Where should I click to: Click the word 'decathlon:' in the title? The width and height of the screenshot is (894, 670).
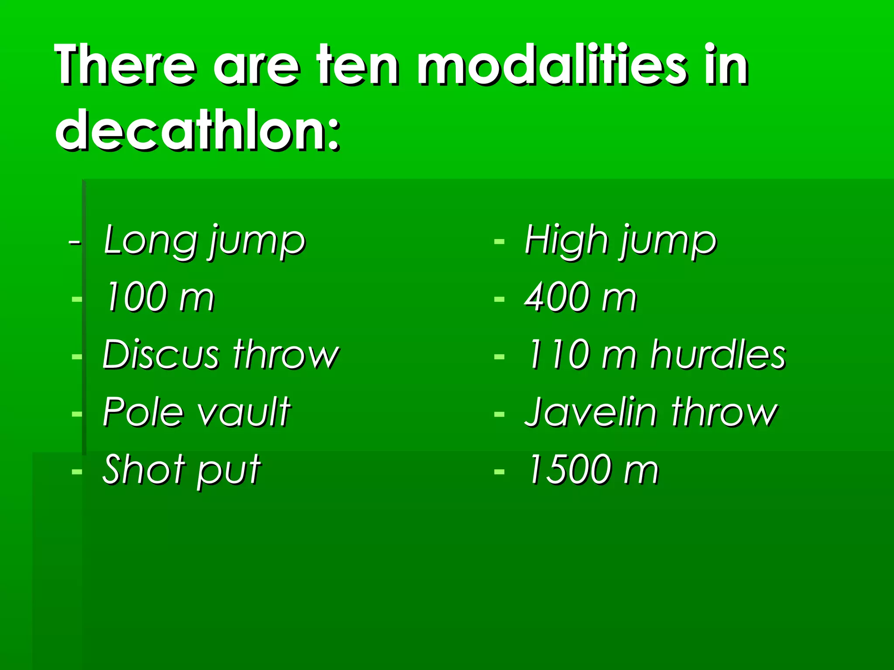coord(197,130)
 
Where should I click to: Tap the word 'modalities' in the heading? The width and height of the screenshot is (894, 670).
coord(551,65)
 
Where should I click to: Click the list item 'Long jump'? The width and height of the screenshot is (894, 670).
coord(204,241)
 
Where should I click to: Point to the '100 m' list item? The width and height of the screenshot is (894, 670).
coord(160,297)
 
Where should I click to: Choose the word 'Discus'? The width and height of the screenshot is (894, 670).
coord(161,355)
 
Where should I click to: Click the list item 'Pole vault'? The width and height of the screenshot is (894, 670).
coord(196,412)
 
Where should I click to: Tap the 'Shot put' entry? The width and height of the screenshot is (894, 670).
coord(182,470)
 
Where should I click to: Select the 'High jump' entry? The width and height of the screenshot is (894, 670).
coord(620,241)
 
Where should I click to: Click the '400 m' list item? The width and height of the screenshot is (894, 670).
coord(581,297)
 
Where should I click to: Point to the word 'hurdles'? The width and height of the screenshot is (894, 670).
coord(718,355)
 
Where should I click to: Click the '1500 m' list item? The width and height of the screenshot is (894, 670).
coord(593,470)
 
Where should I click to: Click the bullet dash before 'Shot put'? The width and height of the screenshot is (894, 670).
coord(77,472)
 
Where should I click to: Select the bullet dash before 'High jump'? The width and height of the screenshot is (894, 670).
coord(499,241)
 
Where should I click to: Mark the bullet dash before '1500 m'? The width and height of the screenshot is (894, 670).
coord(499,472)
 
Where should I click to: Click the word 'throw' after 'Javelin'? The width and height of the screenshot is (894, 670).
coord(725,412)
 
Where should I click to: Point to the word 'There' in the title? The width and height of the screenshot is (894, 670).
coord(125,65)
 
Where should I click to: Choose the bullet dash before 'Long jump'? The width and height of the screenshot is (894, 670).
coord(75,242)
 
